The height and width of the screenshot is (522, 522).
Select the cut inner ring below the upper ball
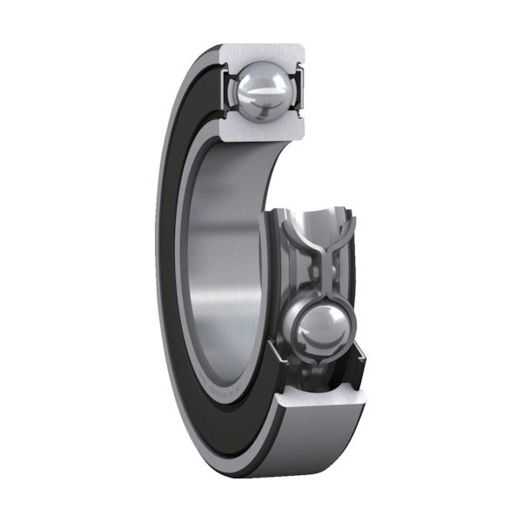262,131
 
